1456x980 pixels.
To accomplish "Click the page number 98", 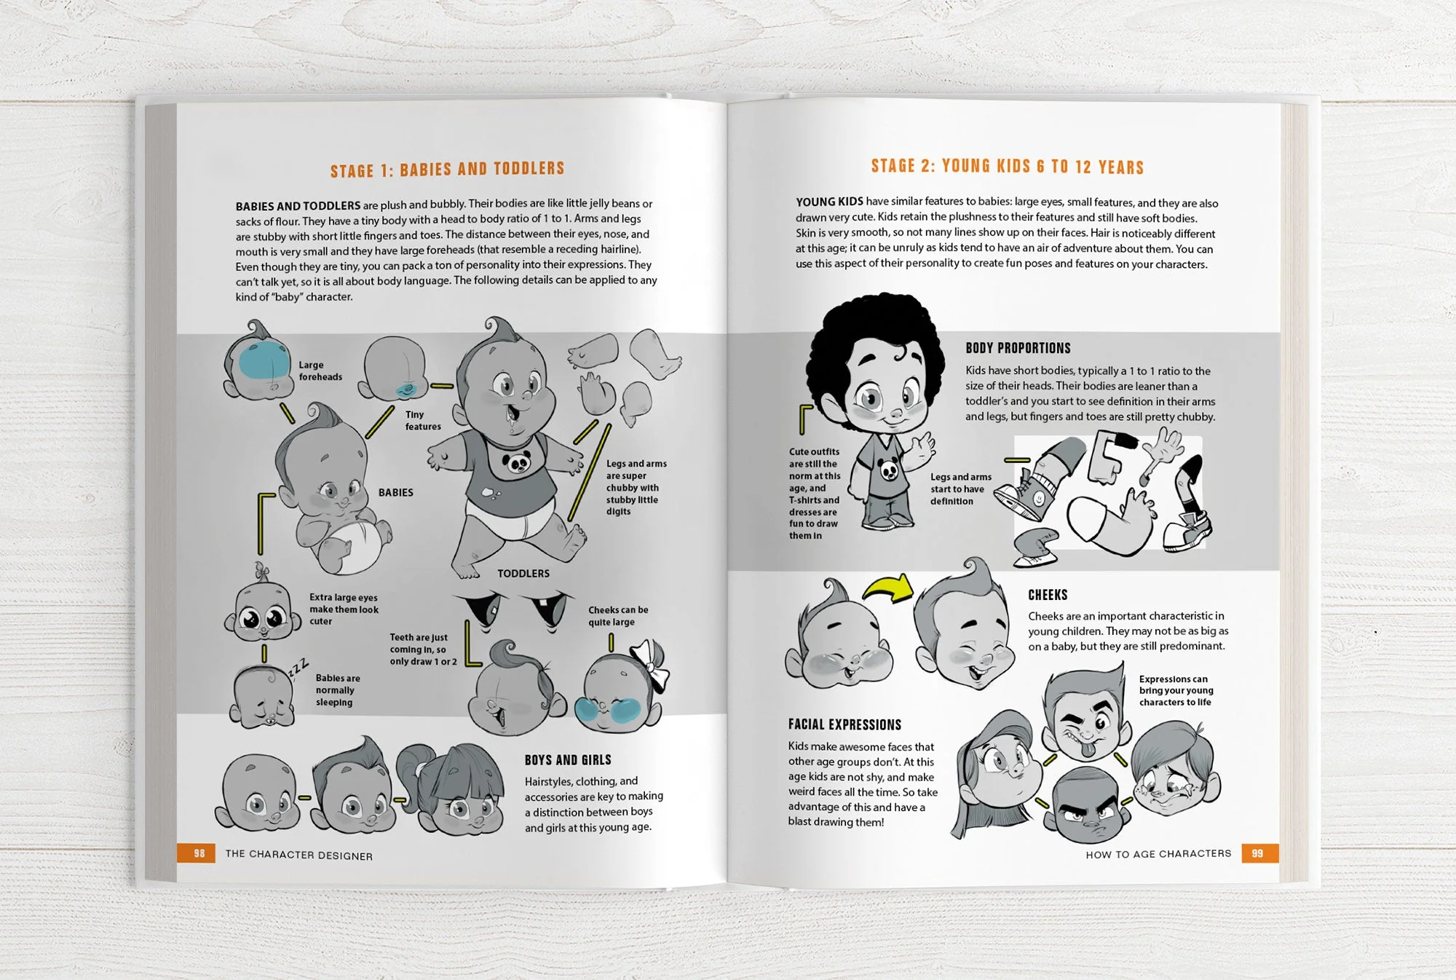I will [199, 853].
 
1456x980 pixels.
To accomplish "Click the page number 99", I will [1257, 853].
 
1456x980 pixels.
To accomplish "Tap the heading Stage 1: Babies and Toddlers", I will [447, 170].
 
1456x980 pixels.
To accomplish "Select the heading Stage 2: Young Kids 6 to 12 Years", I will [1007, 167].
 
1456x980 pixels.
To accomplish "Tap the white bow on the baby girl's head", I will [650, 664].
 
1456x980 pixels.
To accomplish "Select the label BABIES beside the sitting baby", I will [395, 493].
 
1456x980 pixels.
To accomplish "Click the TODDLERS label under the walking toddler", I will [523, 574].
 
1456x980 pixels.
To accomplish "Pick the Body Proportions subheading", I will [1018, 348].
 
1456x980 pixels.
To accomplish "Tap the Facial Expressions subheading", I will [844, 724].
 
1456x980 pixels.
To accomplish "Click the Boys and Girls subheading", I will [568, 760].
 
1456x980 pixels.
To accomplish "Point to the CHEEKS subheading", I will [1048, 595].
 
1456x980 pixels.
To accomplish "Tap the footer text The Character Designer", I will [298, 855].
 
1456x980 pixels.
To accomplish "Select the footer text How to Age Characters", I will [1158, 853].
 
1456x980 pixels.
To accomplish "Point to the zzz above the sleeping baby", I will [298, 667].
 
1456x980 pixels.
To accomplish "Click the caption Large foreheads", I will [320, 371].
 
